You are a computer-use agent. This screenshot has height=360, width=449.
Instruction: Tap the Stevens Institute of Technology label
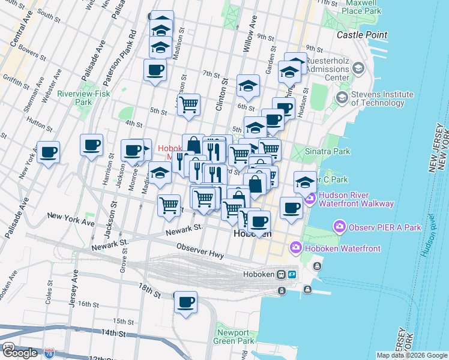pos(382,98)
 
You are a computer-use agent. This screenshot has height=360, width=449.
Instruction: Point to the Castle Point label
pos(361,35)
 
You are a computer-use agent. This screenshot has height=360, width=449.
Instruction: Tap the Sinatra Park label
pos(327,152)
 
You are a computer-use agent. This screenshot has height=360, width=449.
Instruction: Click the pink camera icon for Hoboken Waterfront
pos(295,247)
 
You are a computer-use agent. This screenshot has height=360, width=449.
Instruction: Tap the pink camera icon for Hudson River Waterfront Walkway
pos(310,199)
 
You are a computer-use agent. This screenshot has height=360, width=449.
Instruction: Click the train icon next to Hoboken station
pos(280,274)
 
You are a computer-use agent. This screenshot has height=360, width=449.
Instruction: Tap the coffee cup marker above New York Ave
pos(48,151)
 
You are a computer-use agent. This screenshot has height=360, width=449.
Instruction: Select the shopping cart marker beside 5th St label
pos(188,104)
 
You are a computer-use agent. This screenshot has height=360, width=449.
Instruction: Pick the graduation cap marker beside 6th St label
pos(248,86)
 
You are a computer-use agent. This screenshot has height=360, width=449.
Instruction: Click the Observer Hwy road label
pos(200,251)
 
